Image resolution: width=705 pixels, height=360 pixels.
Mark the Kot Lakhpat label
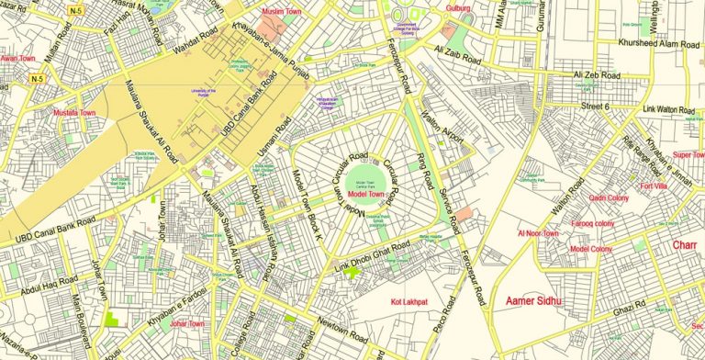[x=409, y=301]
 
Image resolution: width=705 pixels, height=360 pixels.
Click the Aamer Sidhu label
[x=536, y=300]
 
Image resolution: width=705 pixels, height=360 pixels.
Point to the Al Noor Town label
[x=538, y=234]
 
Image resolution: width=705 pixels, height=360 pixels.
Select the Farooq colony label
[x=592, y=223]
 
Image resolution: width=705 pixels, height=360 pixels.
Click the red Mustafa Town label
[x=75, y=113]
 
